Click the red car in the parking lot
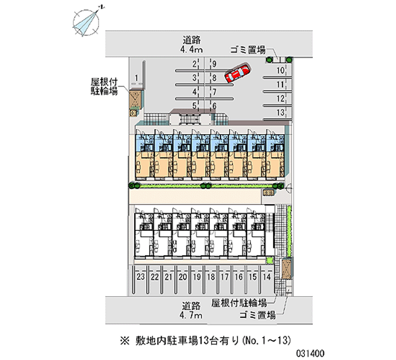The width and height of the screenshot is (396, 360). pos(238,74)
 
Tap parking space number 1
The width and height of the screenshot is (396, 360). pos(136,77)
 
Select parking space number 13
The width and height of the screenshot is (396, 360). pos(280,112)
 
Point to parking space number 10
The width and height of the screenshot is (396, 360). pos(280,70)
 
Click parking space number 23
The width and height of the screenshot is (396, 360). pos(141,277)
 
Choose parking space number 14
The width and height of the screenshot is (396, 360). pos(267,277)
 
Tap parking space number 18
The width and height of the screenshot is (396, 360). pos(211,277)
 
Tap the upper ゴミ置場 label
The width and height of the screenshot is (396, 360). pos(248,50)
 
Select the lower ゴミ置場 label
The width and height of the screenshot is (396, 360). pos(257,315)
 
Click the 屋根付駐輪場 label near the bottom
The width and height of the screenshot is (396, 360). pos(240,303)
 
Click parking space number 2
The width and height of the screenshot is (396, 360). pos(195,63)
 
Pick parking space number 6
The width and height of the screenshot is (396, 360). pos(214,106)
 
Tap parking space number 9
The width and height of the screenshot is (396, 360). pos(214,63)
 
